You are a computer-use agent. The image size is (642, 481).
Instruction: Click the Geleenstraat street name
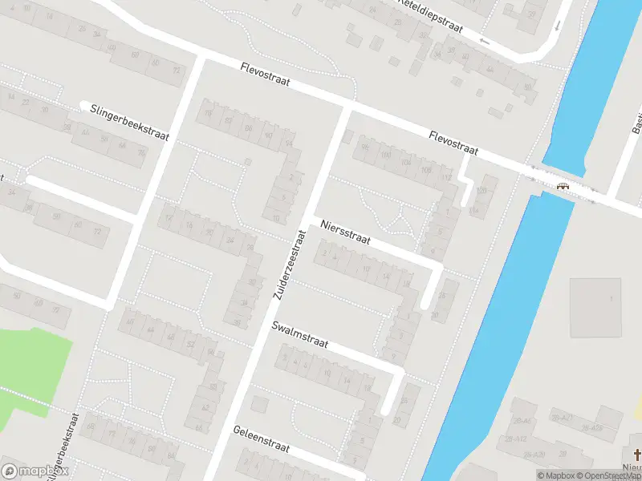click(262, 441)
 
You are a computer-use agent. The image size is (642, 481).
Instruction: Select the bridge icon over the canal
click(563, 186)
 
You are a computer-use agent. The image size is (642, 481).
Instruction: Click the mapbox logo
click(35, 471)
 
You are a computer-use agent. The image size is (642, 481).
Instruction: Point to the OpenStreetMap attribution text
click(613, 475)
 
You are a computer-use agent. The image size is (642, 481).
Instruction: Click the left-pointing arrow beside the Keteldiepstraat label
click(483, 40)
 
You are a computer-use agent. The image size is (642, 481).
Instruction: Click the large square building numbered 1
click(595, 308)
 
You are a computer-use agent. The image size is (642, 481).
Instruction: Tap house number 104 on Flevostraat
click(405, 163)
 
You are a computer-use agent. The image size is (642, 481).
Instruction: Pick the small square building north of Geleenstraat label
click(258, 403)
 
